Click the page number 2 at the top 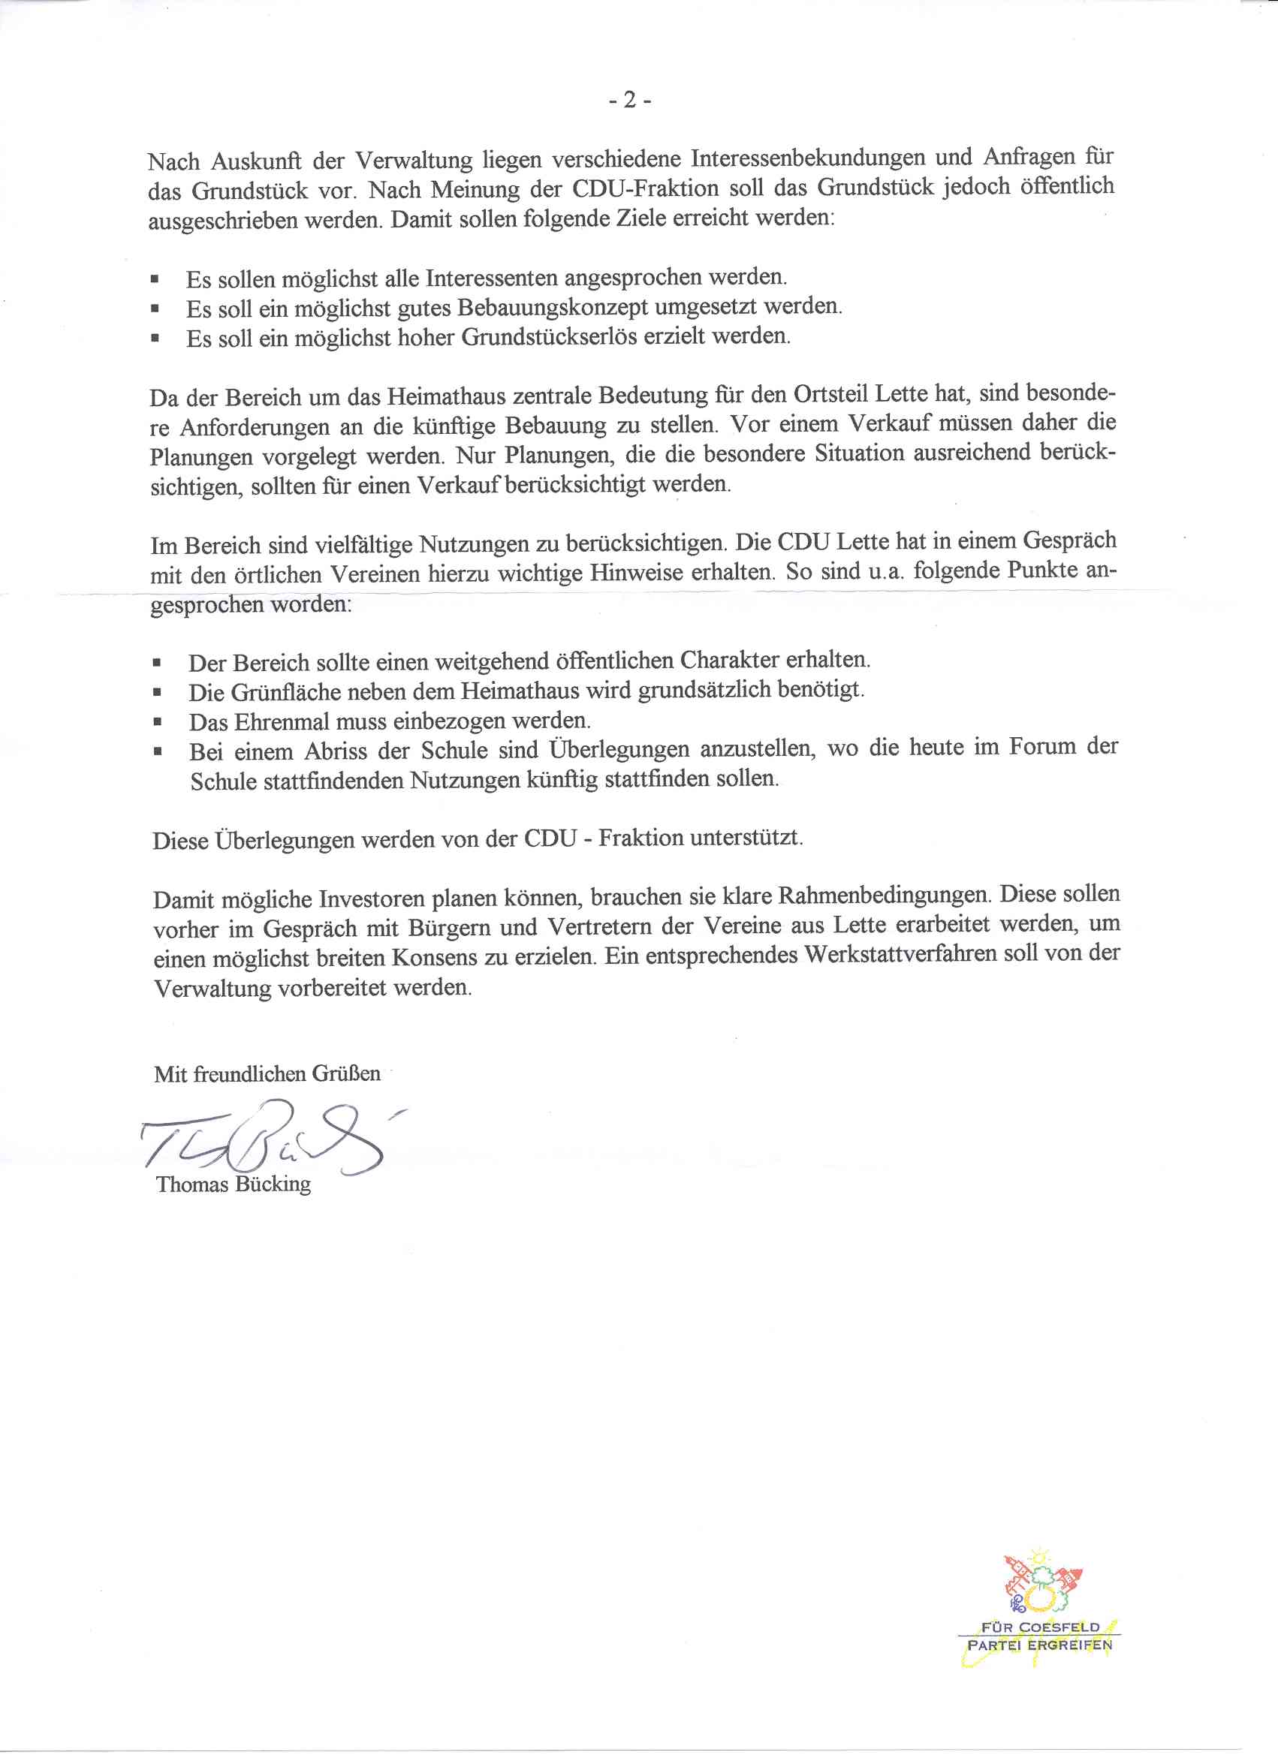pyautogui.click(x=629, y=100)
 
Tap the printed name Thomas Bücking pyautogui.click(x=233, y=1184)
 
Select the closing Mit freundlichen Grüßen pyautogui.click(x=267, y=1074)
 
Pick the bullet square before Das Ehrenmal pyautogui.click(x=158, y=722)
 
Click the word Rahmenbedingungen pyautogui.click(x=883, y=896)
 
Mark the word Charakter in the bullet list pyautogui.click(x=729, y=660)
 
